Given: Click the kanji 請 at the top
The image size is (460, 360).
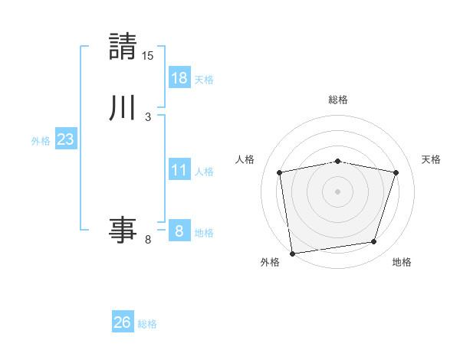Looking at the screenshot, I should click(123, 46).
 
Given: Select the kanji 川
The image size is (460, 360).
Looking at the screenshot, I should click(123, 107).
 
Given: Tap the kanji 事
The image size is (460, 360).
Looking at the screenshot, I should click(123, 229).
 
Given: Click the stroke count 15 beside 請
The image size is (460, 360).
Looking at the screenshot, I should click(148, 56).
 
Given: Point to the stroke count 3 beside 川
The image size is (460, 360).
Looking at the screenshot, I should click(148, 117).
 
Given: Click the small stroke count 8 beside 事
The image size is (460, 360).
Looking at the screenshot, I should click(148, 240).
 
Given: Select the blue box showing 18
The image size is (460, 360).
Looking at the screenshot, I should click(179, 77).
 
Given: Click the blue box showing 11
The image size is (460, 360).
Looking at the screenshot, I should click(179, 169).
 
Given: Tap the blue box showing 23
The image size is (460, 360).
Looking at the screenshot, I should click(66, 139).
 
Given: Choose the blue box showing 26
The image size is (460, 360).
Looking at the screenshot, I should click(123, 322).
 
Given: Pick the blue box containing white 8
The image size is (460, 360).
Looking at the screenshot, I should click(179, 231).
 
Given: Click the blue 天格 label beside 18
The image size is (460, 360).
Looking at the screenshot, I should click(204, 79).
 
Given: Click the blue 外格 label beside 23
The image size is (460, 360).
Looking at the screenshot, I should click(41, 141).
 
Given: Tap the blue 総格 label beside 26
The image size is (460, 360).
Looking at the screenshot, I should click(147, 324).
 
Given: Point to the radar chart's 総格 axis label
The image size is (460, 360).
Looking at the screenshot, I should click(338, 100).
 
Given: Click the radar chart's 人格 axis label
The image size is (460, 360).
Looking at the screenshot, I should click(245, 159).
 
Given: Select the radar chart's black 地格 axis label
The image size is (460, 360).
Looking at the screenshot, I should click(402, 263).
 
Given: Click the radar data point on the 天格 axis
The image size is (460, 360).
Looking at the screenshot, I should click(396, 172).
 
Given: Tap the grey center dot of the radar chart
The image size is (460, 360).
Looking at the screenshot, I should click(338, 191).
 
